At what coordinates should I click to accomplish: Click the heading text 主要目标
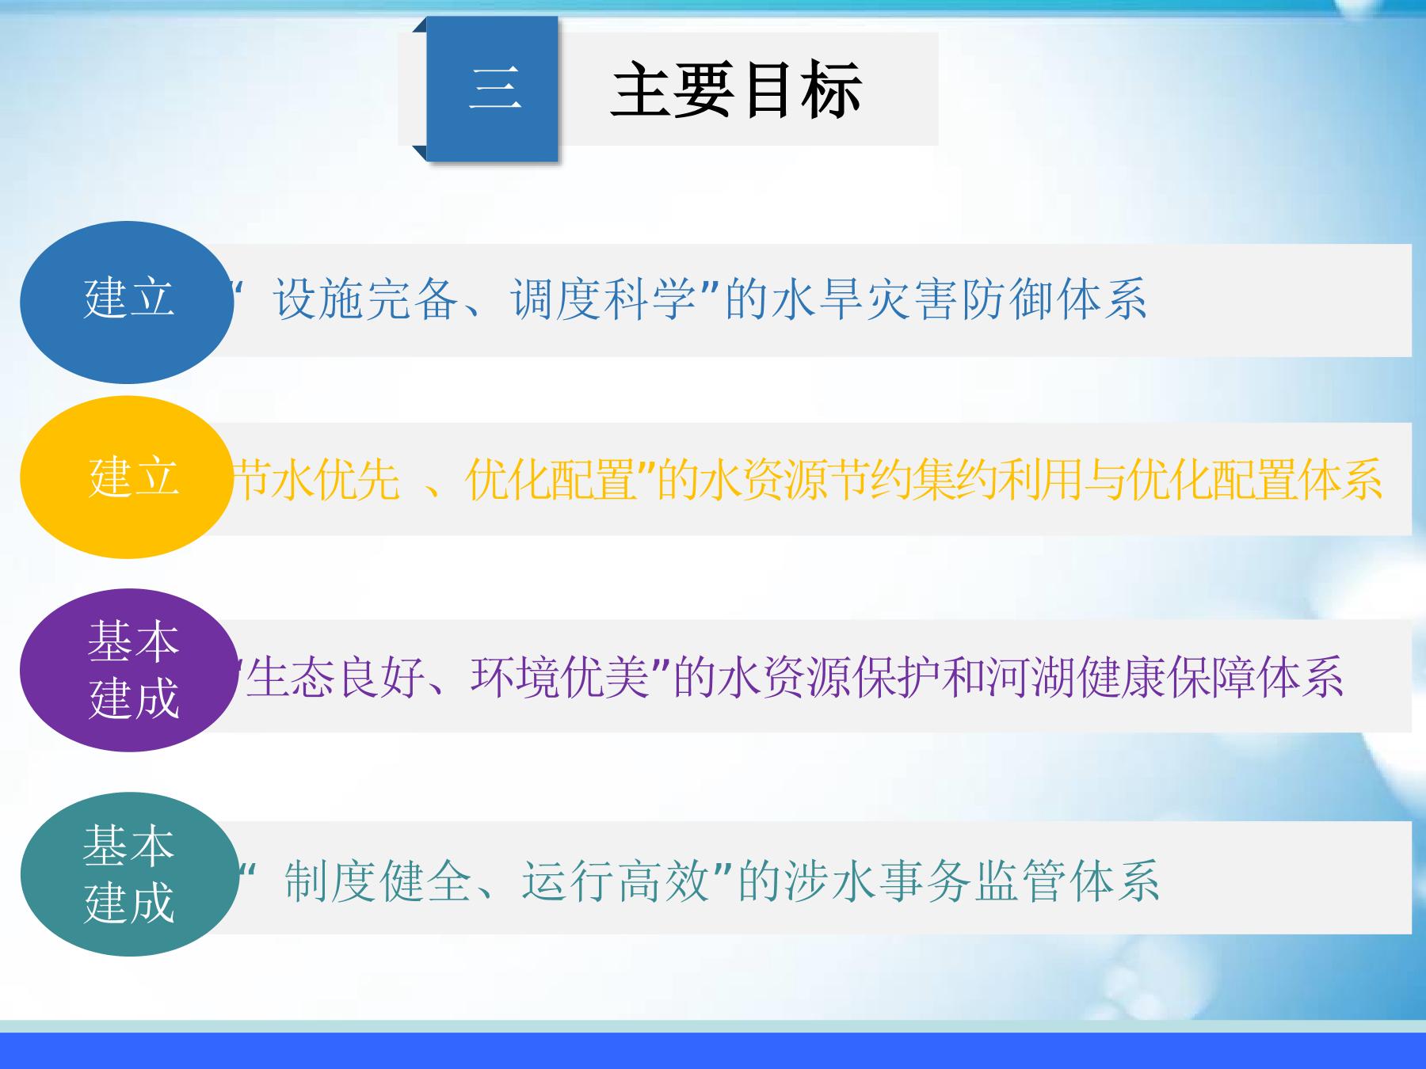click(x=736, y=90)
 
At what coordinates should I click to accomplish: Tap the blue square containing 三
click(x=492, y=89)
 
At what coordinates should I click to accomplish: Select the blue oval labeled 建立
click(x=127, y=302)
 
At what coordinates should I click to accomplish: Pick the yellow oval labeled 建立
click(x=127, y=477)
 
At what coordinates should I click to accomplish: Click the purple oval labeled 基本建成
click(x=128, y=670)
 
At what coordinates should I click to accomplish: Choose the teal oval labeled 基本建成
click(x=129, y=874)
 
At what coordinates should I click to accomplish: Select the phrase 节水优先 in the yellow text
click(x=316, y=479)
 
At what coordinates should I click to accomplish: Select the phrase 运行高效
click(x=616, y=881)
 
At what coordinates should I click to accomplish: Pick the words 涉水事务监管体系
click(x=972, y=881)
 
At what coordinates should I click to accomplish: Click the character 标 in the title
click(x=831, y=90)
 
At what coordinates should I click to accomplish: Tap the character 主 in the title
click(x=642, y=90)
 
